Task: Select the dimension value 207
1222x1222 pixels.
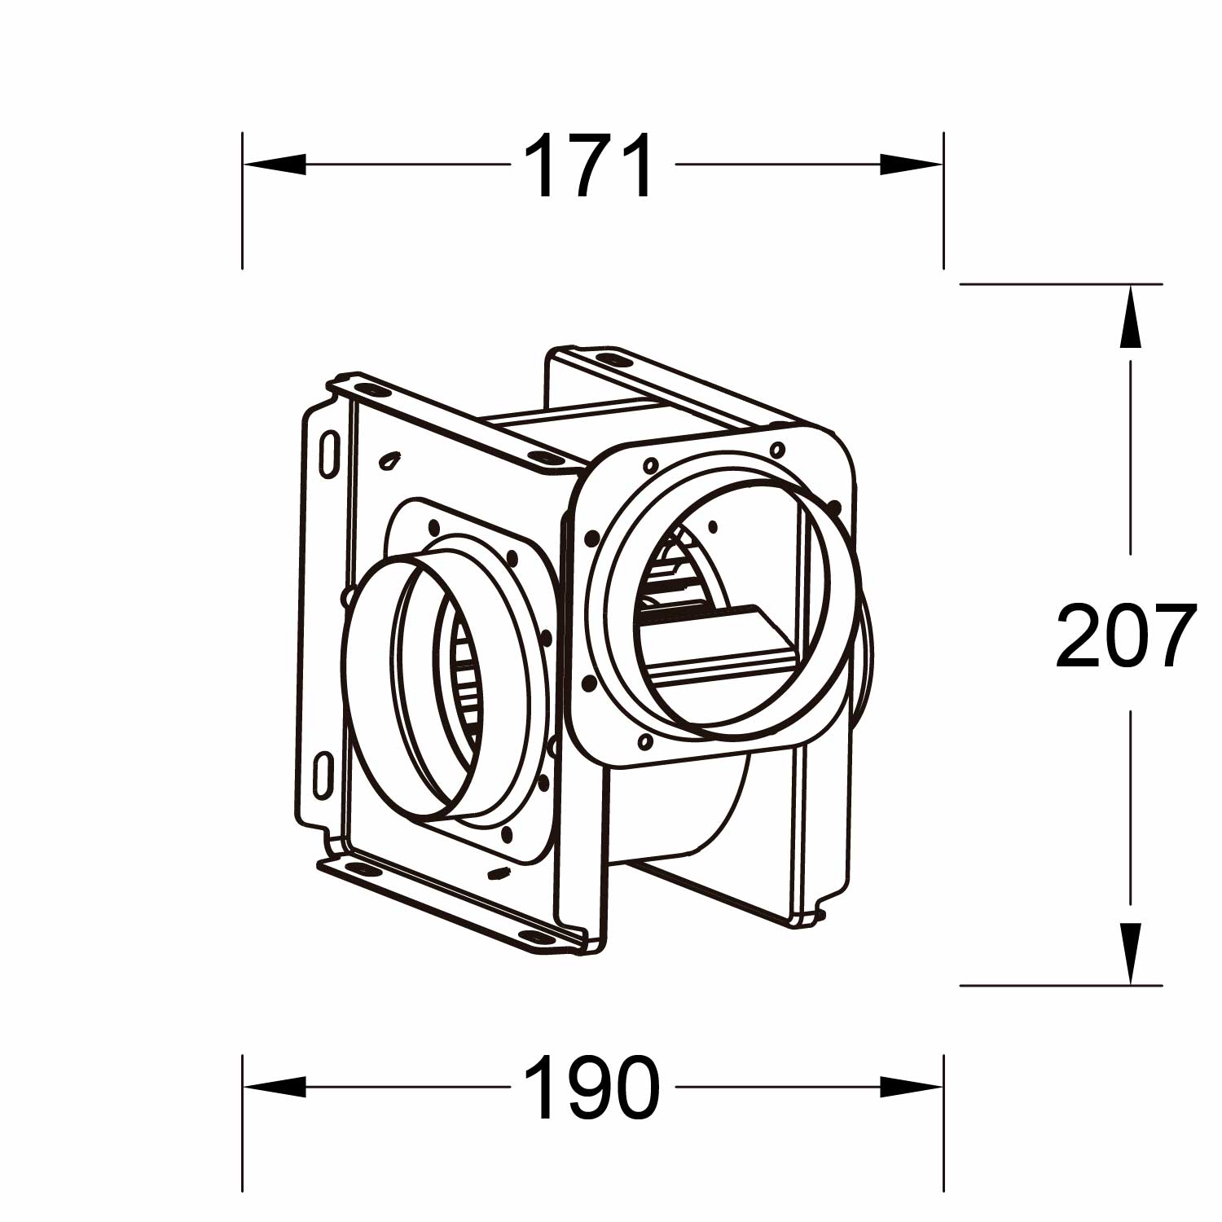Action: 1127,635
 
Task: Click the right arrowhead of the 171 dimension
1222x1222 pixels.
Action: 911,165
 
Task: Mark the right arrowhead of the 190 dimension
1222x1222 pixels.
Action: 911,1087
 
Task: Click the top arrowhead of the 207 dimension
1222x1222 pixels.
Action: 1130,318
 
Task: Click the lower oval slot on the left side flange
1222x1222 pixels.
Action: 323,774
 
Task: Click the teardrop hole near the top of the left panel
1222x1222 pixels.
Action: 390,461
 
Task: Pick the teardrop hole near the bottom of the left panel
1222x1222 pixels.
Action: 497,874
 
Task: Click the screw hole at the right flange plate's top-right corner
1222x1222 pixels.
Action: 777,449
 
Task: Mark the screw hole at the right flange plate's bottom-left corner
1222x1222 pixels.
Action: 645,741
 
